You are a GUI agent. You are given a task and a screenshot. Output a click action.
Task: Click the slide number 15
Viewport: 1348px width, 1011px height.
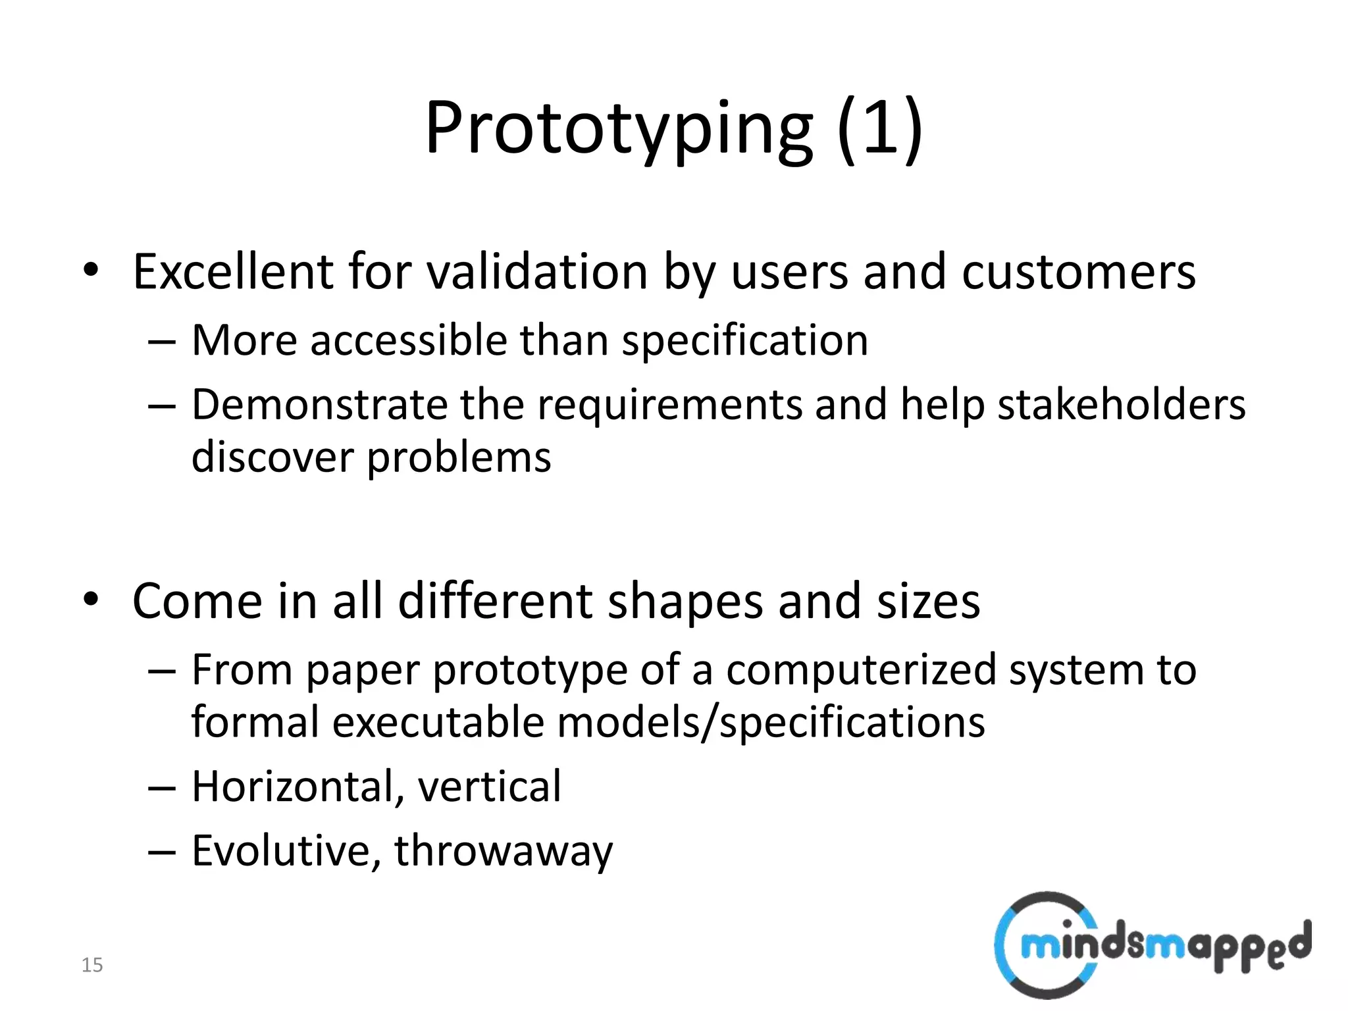(x=92, y=965)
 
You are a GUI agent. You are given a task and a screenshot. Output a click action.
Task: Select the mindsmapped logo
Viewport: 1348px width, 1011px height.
(x=1152, y=946)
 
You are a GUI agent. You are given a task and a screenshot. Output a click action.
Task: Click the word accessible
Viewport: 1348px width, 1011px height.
(x=408, y=340)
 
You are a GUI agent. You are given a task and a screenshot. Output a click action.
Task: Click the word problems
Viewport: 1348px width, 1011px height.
(x=459, y=457)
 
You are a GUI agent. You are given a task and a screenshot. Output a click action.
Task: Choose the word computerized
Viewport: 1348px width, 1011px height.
(x=861, y=670)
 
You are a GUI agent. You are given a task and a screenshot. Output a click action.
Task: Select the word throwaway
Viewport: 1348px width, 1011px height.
(x=503, y=850)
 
